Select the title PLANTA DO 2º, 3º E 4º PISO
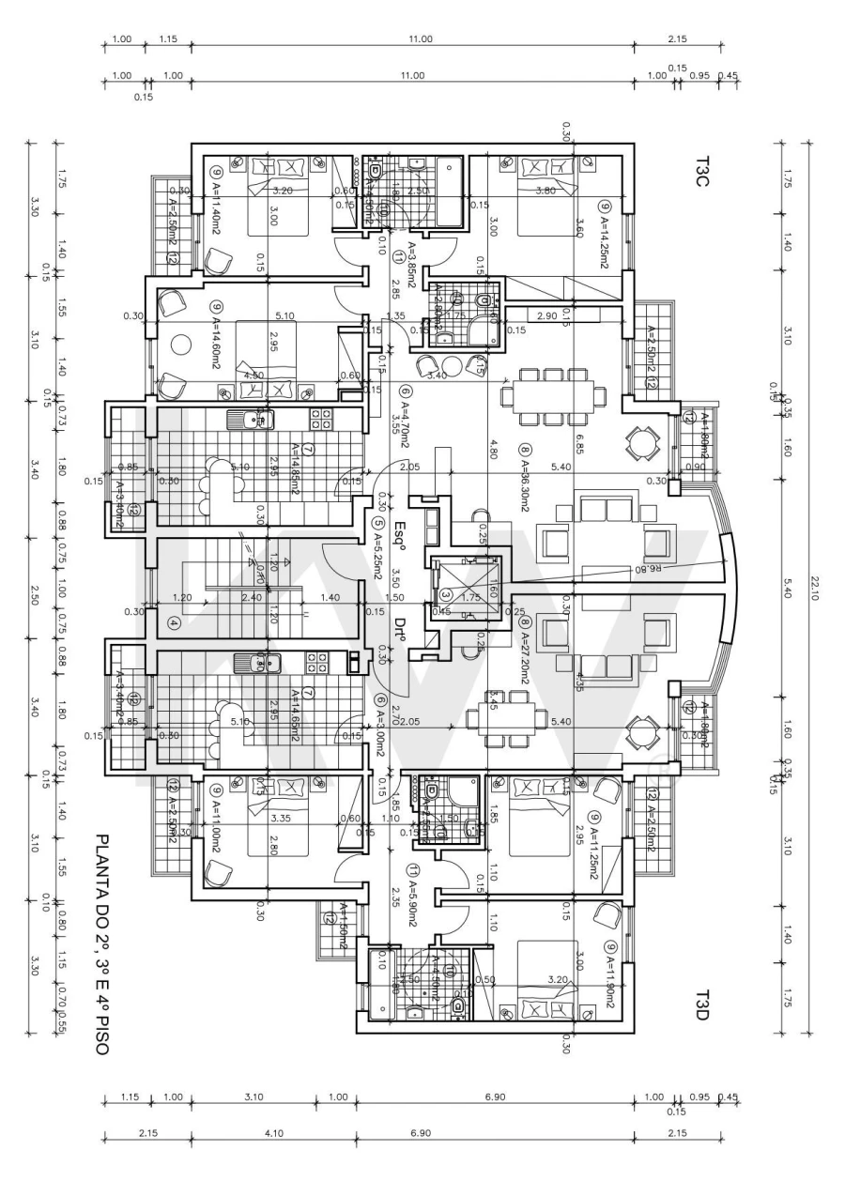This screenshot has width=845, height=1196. (101, 943)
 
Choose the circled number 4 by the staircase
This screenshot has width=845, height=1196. (173, 621)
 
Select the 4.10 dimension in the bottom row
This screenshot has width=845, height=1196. (273, 1133)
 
